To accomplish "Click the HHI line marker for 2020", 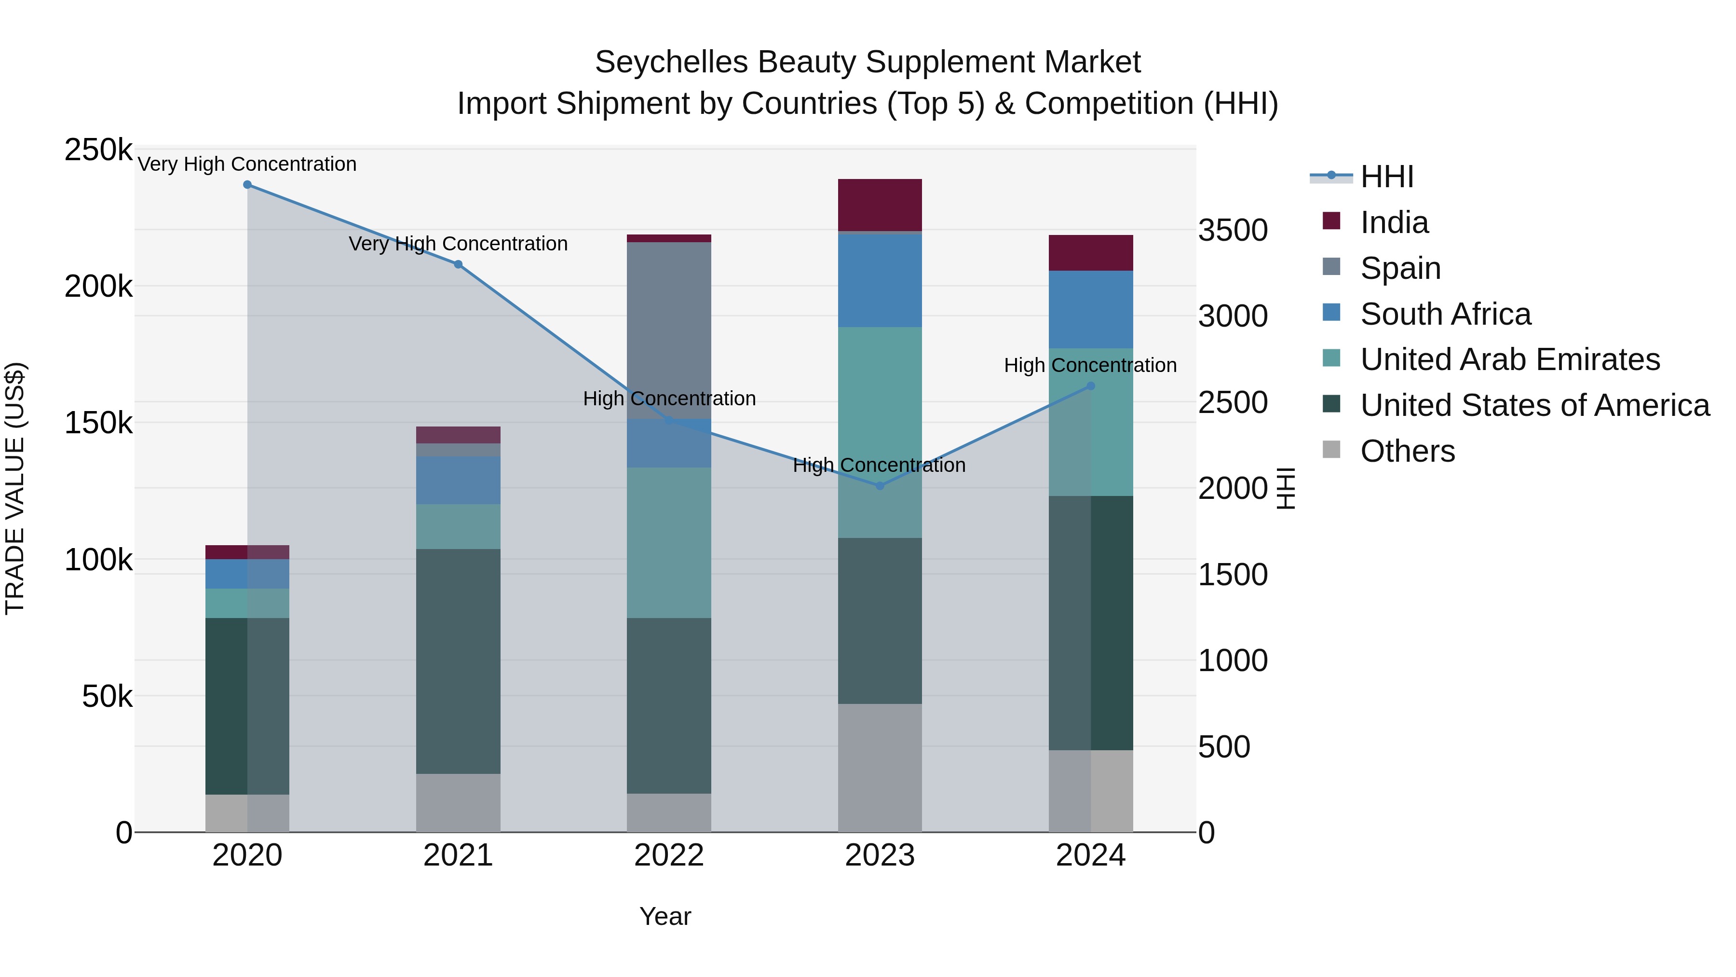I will [x=247, y=185].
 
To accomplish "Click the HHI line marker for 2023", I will [x=880, y=485].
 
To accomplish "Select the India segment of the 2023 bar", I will [x=880, y=205].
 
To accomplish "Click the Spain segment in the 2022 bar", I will [x=668, y=330].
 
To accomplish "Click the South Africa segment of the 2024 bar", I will [x=1090, y=309].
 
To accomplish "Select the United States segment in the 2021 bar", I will [x=458, y=661].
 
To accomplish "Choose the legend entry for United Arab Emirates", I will [x=1509, y=359].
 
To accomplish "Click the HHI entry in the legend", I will [x=1386, y=177].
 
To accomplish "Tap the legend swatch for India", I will [x=1331, y=221].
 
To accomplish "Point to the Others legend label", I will [x=1407, y=451].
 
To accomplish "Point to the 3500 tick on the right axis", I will [x=1233, y=230].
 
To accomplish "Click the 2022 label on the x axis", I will [x=668, y=855].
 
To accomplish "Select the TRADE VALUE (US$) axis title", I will [x=15, y=488].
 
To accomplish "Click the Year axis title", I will [x=665, y=916].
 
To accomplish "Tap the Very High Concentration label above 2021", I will [x=458, y=244].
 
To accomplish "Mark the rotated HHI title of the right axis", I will [x=1286, y=488].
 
